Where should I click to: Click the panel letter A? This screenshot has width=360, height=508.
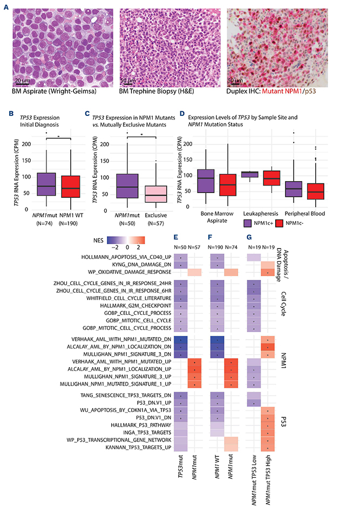pos(5,4)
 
